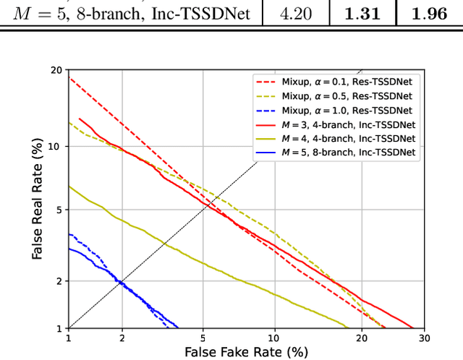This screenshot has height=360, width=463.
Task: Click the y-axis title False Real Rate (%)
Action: point(37,200)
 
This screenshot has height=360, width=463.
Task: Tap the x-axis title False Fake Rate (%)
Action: point(247,352)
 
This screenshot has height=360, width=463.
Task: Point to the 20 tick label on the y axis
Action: point(55,70)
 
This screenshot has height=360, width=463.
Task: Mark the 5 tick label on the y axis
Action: point(58,210)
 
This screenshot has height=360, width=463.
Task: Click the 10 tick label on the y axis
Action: point(55,146)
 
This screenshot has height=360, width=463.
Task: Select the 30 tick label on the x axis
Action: point(425,338)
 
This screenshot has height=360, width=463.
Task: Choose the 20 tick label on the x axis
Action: point(378,338)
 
